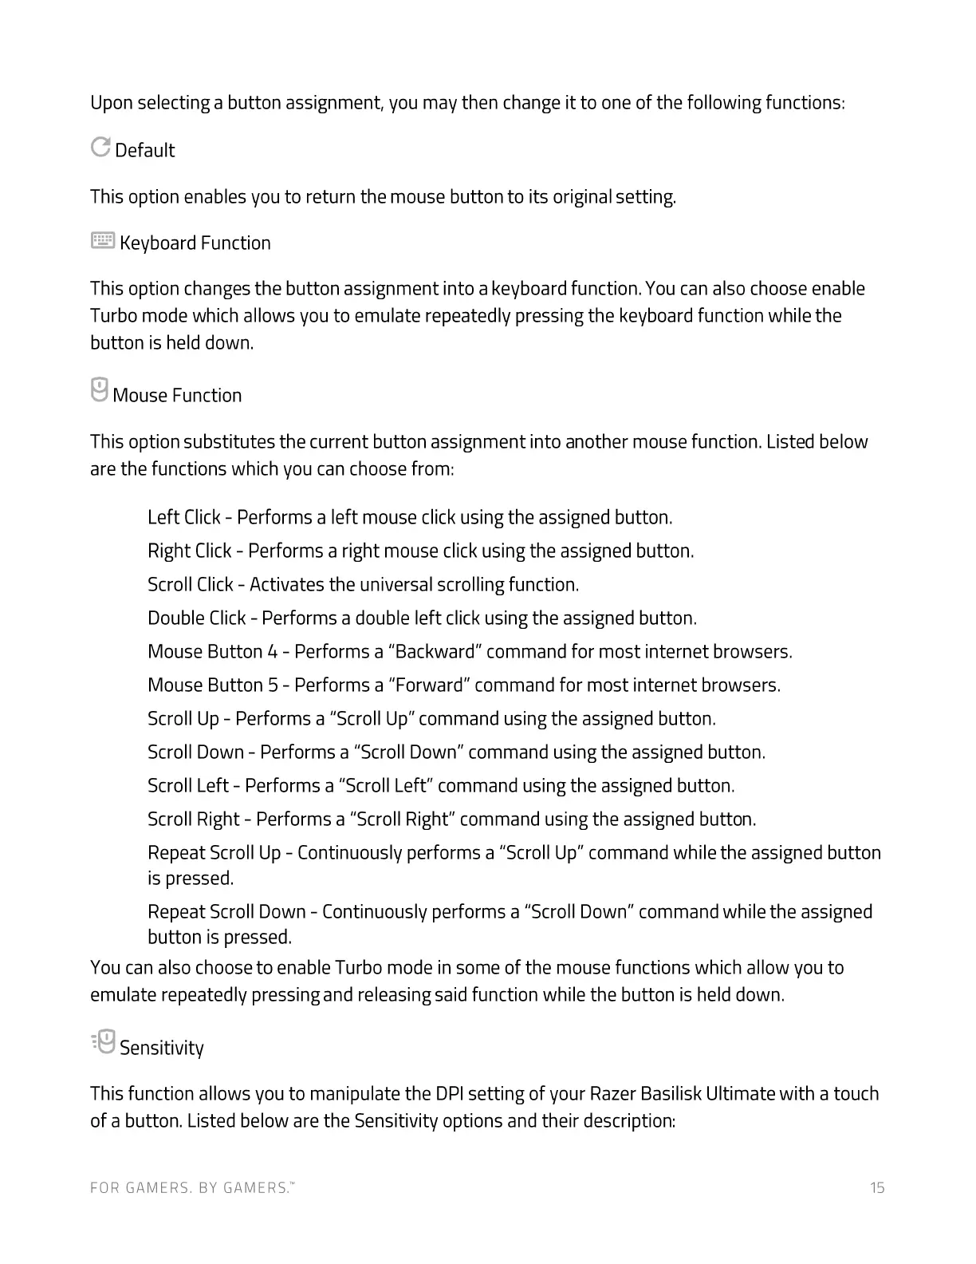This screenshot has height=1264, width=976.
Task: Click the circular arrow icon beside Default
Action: click(100, 147)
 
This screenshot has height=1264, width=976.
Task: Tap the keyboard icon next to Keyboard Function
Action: click(103, 240)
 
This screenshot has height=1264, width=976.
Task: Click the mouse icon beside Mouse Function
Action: click(99, 390)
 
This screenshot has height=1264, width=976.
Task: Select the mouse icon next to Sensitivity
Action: click(103, 1042)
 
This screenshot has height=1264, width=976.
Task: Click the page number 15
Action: click(877, 1188)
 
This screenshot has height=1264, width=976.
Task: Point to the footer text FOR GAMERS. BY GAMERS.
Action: click(191, 1188)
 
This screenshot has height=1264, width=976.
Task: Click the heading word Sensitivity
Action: click(162, 1048)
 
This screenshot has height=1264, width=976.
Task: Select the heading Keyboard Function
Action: click(195, 243)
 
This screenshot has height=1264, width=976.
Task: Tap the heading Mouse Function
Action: click(177, 396)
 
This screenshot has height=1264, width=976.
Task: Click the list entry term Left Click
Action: click(184, 518)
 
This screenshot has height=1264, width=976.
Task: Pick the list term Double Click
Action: click(197, 618)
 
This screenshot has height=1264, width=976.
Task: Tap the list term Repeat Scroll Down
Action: click(226, 912)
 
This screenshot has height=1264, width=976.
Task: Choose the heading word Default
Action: click(145, 151)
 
